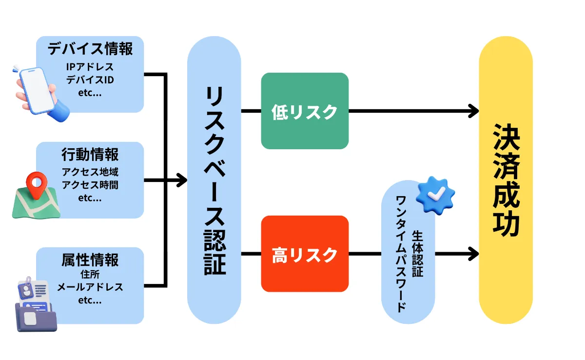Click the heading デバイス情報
(90, 49)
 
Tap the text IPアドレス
(90, 67)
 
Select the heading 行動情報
(90, 155)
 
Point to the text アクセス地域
(90, 172)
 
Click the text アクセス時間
(90, 185)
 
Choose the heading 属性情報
(90, 260)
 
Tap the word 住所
(90, 275)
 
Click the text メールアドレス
(90, 287)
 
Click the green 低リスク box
(305, 111)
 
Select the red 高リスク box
(305, 254)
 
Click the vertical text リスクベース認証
(214, 180)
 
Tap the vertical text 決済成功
(506, 180)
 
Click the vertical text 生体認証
(418, 254)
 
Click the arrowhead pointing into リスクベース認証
(182, 180)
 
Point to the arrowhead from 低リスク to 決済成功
(473, 111)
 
